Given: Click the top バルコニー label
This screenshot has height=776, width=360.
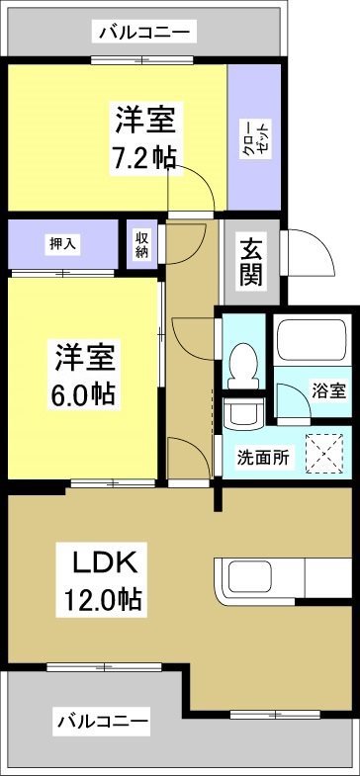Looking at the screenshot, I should tap(144, 34).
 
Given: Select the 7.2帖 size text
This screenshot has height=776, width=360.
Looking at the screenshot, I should tap(144, 157).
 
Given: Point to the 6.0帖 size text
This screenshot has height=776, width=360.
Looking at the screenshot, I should tap(83, 392).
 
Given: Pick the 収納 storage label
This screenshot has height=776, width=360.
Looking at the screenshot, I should tap(142, 244).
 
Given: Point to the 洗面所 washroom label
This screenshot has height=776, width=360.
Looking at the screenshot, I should tap(262, 457).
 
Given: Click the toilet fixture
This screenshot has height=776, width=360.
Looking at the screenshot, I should tap(241, 364).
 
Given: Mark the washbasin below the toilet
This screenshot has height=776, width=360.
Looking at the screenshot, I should tap(241, 409).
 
